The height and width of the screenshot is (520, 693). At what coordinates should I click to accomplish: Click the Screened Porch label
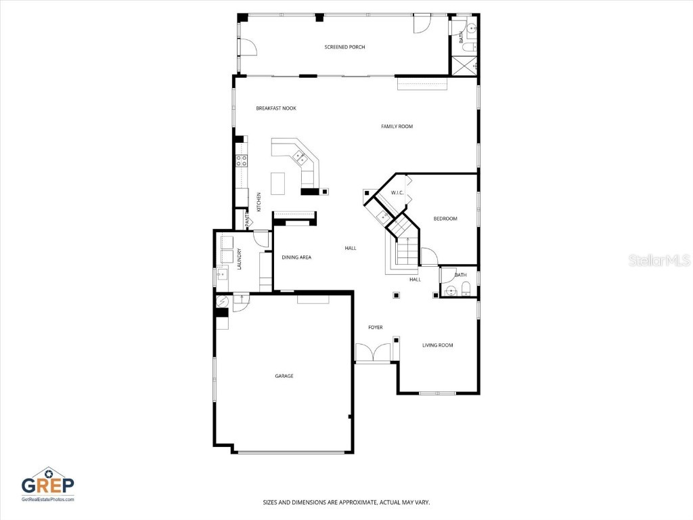(x=344, y=47)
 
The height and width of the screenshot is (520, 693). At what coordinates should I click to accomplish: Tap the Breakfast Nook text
(x=275, y=108)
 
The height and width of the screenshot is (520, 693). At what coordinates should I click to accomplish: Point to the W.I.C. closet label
(x=397, y=193)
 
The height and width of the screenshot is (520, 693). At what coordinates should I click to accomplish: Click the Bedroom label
(x=445, y=219)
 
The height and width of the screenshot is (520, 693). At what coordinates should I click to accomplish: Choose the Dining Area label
(x=296, y=257)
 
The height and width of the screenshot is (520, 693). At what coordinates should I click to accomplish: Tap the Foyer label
(x=375, y=328)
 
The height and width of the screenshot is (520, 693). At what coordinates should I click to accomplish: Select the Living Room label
(x=437, y=345)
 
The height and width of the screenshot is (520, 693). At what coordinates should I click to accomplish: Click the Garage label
(x=284, y=376)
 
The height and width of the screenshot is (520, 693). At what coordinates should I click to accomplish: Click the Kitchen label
(x=259, y=201)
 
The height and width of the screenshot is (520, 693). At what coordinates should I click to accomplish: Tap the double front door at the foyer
(x=373, y=353)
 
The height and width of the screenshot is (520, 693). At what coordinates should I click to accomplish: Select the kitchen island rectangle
(x=278, y=183)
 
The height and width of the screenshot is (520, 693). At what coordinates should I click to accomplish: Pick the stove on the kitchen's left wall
(x=241, y=160)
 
